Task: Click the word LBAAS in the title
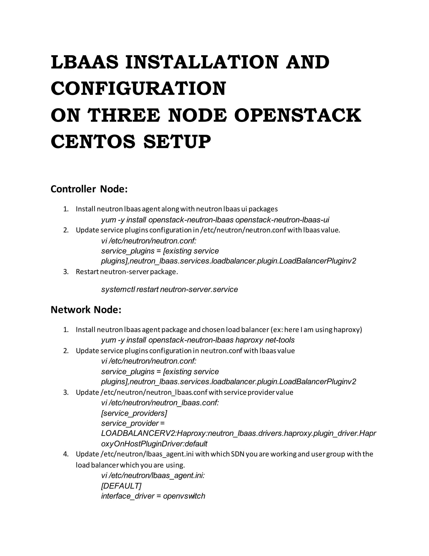85,62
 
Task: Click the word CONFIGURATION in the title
138,89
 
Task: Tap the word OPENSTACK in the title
297,115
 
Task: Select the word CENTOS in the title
93,142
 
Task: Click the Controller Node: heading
89,189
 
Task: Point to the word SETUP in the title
177,142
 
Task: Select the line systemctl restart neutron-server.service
169,290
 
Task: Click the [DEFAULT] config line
121,486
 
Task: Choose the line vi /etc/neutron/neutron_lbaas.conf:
160,403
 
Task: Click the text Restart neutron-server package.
127,272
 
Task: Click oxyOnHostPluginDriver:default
154,444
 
